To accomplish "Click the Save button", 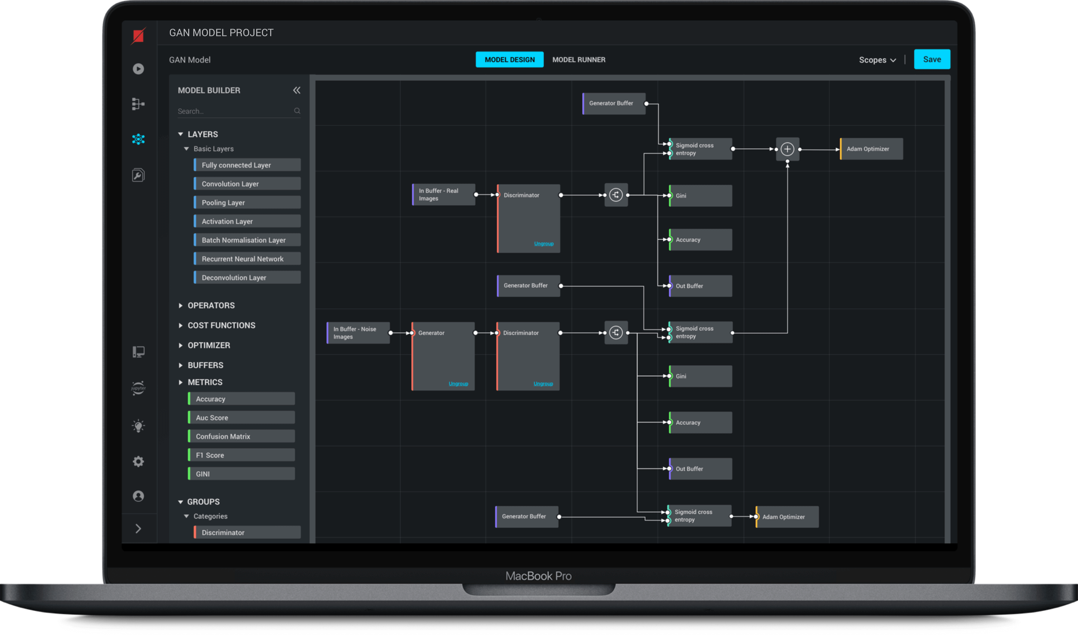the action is (932, 59).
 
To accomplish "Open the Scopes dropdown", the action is (877, 60).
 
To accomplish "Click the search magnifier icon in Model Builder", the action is (297, 111).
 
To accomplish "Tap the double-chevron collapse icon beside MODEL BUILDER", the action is (296, 90).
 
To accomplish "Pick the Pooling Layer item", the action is (247, 202).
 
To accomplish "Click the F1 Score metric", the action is (241, 455).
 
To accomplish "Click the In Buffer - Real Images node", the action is (444, 195).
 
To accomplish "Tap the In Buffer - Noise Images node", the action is (358, 333).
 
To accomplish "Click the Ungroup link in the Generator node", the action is (458, 384).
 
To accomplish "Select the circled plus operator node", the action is (787, 149).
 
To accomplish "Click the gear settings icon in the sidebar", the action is (138, 461).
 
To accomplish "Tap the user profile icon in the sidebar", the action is (138, 496).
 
